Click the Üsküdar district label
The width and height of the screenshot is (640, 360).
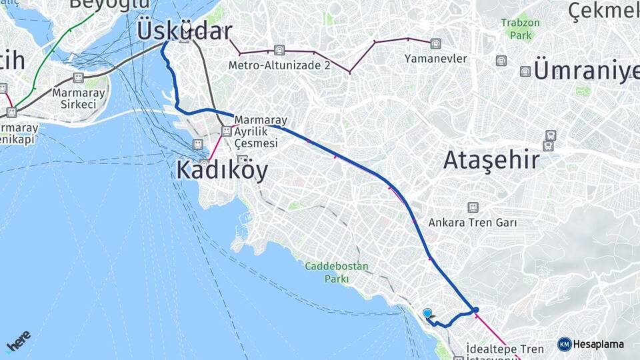[x=185, y=31]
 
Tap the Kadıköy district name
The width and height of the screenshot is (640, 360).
[x=222, y=171]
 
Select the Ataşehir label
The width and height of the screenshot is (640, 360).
[x=490, y=160]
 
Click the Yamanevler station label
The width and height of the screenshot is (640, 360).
[x=435, y=59]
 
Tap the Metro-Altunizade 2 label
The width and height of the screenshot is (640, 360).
[x=279, y=65]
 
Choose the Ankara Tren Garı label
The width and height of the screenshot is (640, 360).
[x=473, y=222]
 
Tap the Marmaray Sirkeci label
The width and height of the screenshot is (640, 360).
[x=78, y=99]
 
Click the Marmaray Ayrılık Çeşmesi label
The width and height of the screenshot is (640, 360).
[x=260, y=131]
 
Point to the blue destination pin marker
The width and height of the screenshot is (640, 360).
[x=427, y=313]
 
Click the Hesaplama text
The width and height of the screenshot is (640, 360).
[x=598, y=345]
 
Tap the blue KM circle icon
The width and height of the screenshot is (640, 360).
[x=565, y=345]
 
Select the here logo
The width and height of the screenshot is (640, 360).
[x=18, y=341]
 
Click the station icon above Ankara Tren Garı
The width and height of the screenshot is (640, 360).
[x=473, y=207]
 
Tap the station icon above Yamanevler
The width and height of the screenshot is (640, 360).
[x=435, y=44]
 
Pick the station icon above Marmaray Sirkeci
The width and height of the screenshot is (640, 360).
[x=78, y=78]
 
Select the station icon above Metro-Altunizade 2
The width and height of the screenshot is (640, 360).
[x=279, y=51]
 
